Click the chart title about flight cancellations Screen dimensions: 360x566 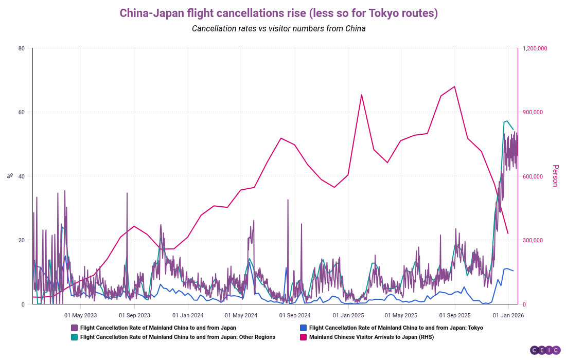point(278,13)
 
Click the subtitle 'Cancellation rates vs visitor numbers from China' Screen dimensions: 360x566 point(278,29)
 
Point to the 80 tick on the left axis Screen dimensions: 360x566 point(22,48)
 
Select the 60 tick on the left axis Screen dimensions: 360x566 point(22,112)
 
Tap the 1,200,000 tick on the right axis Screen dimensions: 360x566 point(535,48)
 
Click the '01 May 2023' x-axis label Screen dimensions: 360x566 point(80,315)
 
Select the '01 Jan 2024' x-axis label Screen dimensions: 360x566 point(187,315)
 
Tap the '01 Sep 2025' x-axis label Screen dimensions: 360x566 point(455,315)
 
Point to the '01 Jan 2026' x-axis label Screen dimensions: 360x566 point(508,315)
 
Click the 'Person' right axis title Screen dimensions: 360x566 point(555,176)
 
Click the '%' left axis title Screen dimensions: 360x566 point(10,176)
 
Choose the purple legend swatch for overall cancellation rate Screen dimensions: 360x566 point(74,328)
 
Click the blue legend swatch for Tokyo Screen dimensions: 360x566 point(303,328)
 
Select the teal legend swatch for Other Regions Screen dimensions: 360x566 point(74,337)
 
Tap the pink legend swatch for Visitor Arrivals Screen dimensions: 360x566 point(303,337)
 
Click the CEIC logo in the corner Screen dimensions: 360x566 point(545,350)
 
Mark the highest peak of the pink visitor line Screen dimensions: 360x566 point(454,86)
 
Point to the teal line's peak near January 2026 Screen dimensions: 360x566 point(507,121)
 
